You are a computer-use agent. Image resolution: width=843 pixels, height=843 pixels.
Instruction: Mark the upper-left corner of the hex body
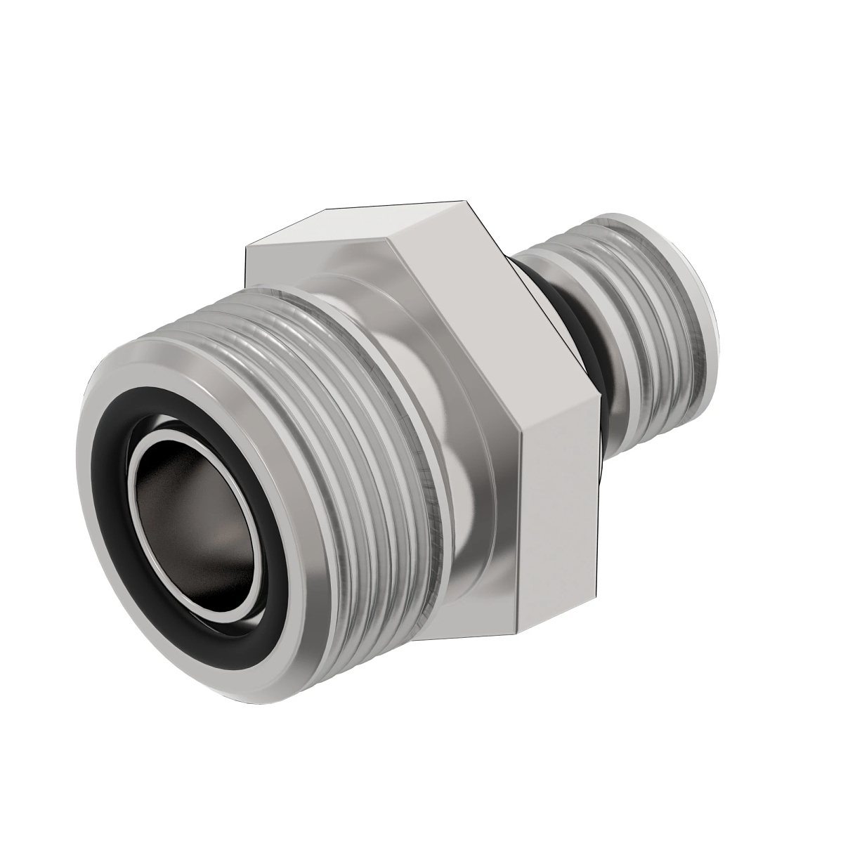pyautogui.click(x=246, y=248)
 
